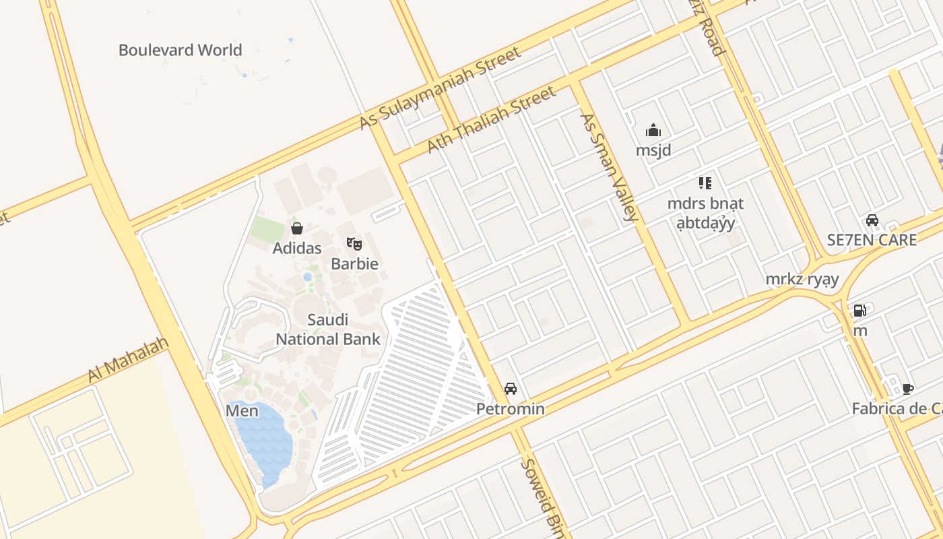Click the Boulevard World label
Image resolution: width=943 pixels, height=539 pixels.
coord(180,50)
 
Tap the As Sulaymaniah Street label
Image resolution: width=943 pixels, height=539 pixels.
coord(441,88)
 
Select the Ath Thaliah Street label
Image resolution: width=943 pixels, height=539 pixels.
coord(492,119)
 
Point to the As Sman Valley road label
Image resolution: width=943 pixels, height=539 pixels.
coord(609,167)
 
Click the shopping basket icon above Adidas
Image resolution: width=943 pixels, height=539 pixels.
coord(297,228)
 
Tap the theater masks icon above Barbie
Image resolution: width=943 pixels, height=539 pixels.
coord(354,243)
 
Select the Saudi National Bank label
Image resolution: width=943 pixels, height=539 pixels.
coord(328,329)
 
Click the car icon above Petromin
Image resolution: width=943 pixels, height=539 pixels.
coord(511,389)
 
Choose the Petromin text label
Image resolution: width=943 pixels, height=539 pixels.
coord(511,409)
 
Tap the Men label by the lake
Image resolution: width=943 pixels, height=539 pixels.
coord(242,410)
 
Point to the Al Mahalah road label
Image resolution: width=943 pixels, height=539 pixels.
coord(128,360)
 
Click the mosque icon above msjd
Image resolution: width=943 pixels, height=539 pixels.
coord(653,130)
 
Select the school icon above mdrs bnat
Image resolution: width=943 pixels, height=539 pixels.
coord(705,183)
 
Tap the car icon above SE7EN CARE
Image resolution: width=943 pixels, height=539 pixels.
coord(872,220)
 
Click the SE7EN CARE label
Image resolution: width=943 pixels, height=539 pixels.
coord(872,240)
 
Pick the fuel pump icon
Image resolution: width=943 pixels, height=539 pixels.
coord(860,311)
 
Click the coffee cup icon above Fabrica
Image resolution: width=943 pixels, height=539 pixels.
coord(908,389)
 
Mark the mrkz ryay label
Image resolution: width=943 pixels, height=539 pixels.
coord(802,279)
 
